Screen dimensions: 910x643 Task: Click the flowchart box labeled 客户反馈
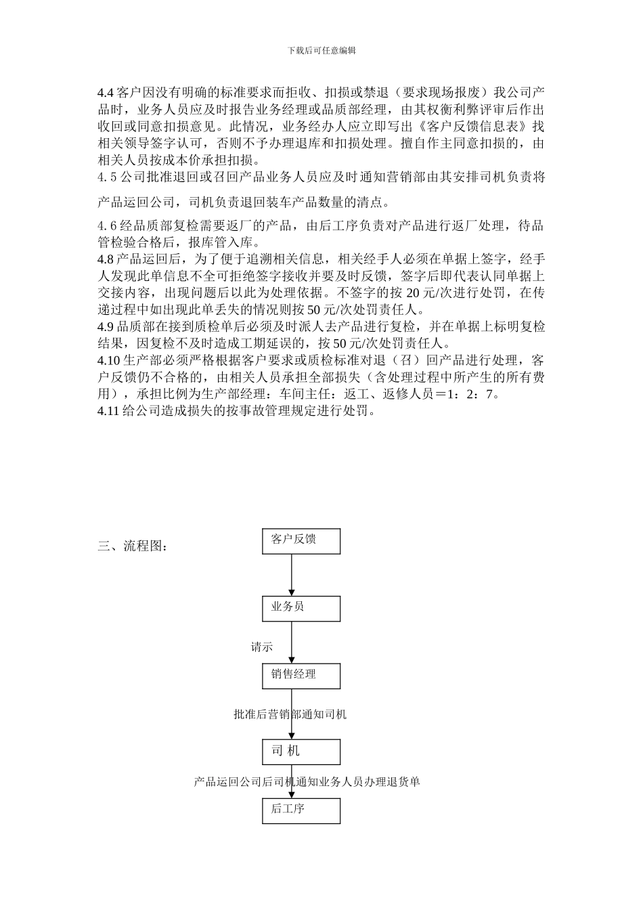[x=301, y=541]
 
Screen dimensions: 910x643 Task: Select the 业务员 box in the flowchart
[x=301, y=608]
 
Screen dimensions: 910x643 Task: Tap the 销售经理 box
[x=301, y=676]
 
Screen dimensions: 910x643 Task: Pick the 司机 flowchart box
[x=301, y=752]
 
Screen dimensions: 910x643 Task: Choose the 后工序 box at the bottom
[x=301, y=810]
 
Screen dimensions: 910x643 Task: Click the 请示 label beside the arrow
[x=262, y=647]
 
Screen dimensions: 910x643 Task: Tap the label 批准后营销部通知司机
[x=290, y=714]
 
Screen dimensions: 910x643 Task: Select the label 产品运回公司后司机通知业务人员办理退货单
[x=307, y=781]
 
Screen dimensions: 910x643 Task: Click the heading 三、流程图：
[x=132, y=546]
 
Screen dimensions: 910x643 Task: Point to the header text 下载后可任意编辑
[x=321, y=50]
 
